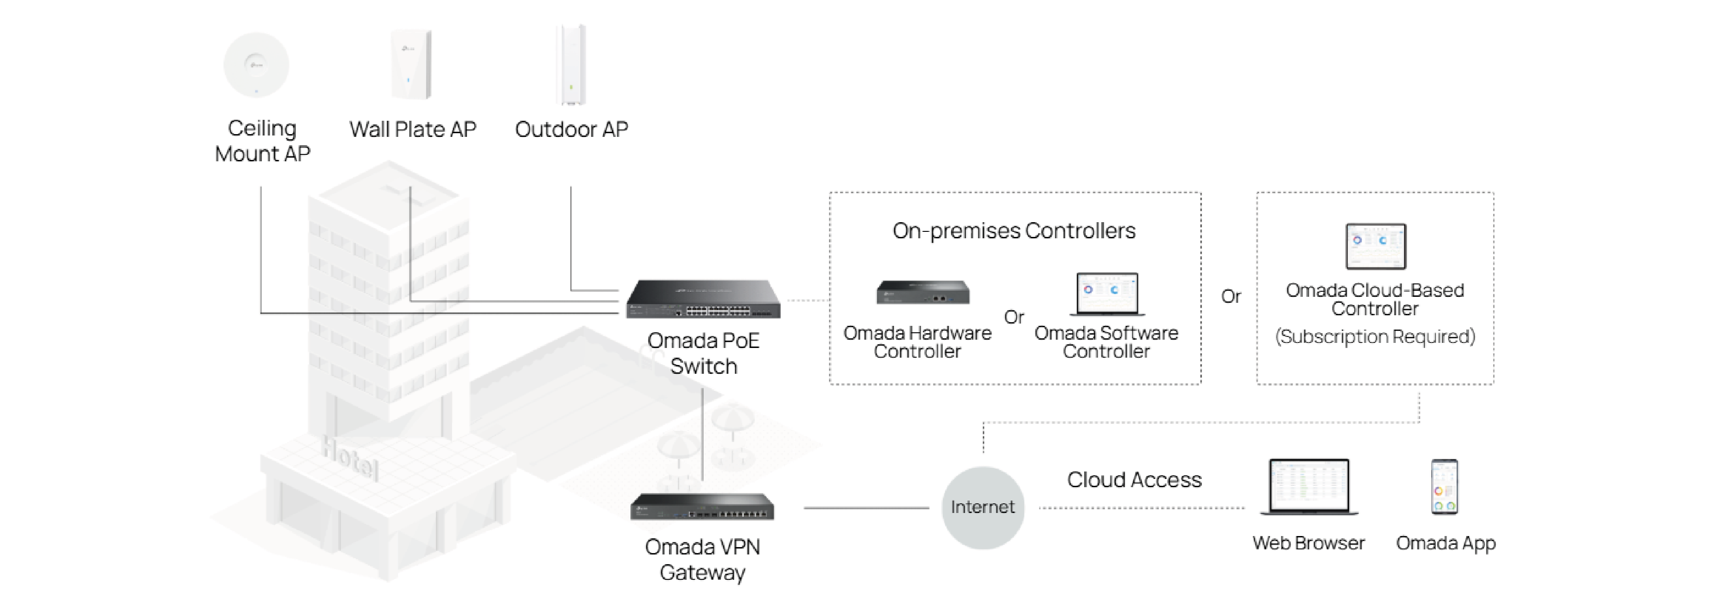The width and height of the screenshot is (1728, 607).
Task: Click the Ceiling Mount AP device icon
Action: pos(256,65)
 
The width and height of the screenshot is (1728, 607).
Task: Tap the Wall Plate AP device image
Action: pos(411,65)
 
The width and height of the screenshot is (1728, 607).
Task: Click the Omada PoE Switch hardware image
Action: pos(703,299)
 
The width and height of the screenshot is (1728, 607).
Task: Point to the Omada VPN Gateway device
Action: pos(702,507)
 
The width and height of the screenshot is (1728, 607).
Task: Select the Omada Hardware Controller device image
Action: pos(923,292)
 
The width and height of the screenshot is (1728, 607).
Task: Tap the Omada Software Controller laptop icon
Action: pos(1107,294)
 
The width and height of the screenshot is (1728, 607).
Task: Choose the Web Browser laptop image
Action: pos(1308,488)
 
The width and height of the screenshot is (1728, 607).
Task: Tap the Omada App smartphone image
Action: pos(1444,488)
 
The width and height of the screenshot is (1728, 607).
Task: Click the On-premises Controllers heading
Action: pos(1014,231)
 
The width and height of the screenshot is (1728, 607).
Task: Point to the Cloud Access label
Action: pos(1134,480)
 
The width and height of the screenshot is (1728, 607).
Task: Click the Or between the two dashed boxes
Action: pos(1231,296)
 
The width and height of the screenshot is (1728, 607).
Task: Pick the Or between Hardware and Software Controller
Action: pos(1014,317)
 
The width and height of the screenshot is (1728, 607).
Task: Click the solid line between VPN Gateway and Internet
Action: pos(865,508)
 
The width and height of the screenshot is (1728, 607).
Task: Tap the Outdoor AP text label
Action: pos(571,130)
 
